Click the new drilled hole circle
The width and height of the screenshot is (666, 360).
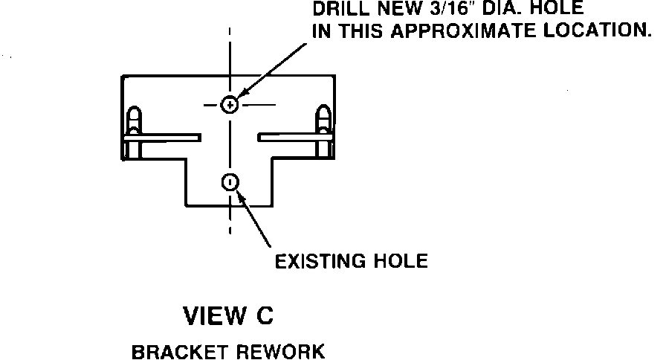pos(230,105)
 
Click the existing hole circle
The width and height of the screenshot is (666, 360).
pos(230,181)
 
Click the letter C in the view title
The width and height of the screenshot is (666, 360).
pos(265,316)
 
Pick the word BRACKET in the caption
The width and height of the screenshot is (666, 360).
pos(172,350)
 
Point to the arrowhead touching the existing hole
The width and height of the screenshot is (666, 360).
pos(239,191)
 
